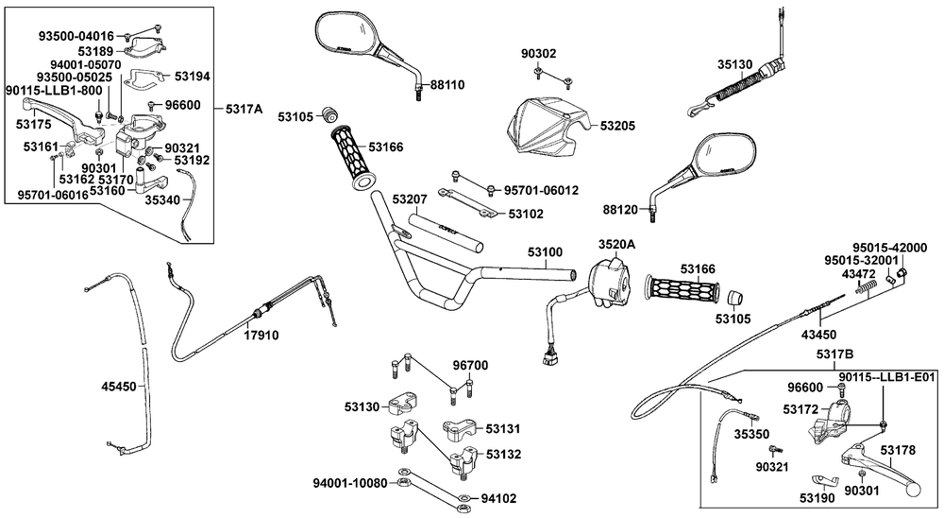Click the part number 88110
click(447, 84)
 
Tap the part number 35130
click(734, 65)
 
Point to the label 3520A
click(615, 244)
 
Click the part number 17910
click(261, 335)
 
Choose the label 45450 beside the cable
click(120, 386)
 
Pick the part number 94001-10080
click(350, 483)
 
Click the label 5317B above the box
click(834, 354)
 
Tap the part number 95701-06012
click(541, 190)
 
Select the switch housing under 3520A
click(608, 281)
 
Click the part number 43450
click(818, 334)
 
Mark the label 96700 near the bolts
click(470, 365)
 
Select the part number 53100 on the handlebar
click(545, 252)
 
